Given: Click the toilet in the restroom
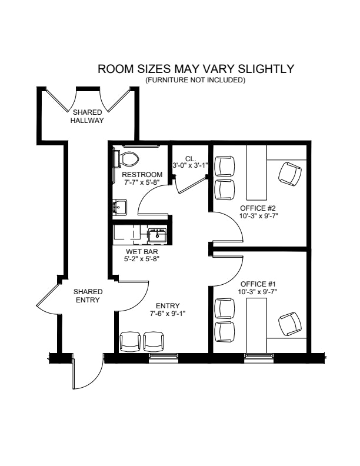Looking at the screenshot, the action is tap(126, 159).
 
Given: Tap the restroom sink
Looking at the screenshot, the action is tap(119, 207).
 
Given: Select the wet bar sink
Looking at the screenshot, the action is tap(158, 235).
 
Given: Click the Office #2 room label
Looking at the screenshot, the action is tap(258, 208).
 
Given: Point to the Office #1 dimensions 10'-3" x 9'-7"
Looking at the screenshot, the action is tap(258, 292).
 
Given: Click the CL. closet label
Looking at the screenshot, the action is tap(191, 158).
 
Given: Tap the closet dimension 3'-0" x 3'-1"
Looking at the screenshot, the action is tap(190, 165).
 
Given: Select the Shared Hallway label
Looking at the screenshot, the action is tap(87, 116).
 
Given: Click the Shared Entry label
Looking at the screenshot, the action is tap(88, 296).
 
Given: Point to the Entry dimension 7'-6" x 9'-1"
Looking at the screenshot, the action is tap(168, 313).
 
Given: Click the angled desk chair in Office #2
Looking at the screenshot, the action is tap(290, 174).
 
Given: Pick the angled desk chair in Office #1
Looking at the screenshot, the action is tap(290, 324).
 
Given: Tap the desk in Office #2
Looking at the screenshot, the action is tap(257, 172).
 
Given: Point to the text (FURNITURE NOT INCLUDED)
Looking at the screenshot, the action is tap(195, 80).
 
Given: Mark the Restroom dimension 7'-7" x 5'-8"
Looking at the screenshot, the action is tap(142, 182).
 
